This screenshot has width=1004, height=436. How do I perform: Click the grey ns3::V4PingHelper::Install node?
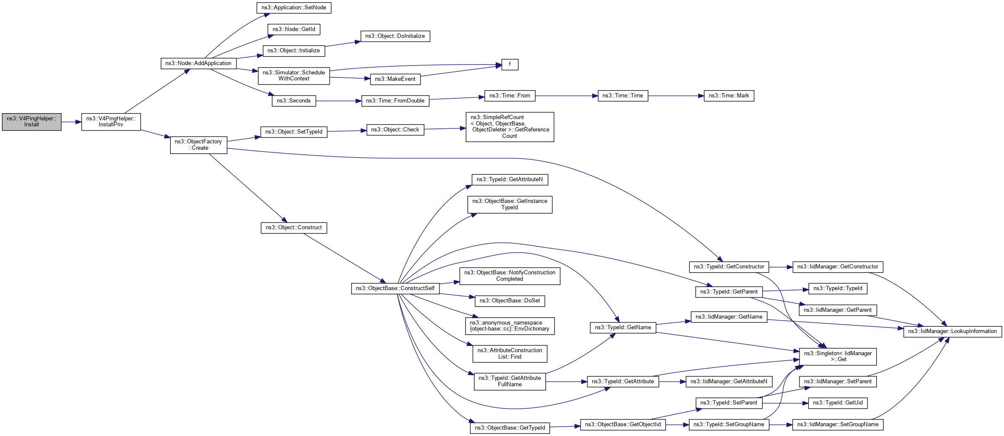click(31, 122)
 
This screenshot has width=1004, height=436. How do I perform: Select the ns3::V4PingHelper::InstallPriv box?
click(111, 122)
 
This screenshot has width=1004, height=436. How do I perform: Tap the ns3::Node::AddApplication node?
click(198, 63)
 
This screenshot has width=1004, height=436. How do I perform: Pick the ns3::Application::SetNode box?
click(293, 8)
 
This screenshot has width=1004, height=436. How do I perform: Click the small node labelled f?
click(509, 65)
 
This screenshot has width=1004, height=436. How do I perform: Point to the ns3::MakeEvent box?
click(395, 79)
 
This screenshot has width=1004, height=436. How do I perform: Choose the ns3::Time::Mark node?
click(728, 96)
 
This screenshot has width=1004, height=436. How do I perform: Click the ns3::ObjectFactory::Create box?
click(198, 145)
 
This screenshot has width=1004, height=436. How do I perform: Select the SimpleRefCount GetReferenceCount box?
click(509, 127)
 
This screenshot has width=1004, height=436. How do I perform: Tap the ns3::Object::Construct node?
click(293, 228)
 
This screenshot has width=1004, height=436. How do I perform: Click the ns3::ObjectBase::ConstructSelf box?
click(395, 288)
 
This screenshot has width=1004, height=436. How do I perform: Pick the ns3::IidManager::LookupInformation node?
click(952, 331)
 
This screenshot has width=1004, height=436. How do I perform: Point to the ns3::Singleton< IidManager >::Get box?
click(837, 356)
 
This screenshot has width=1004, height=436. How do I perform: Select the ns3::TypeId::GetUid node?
click(837, 403)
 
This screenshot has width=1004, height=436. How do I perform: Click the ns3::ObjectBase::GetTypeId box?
click(509, 428)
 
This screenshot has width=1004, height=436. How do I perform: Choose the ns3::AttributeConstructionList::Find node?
click(509, 353)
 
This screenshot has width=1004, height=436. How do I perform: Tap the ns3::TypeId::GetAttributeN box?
click(509, 180)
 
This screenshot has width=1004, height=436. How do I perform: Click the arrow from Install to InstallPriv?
click(71, 122)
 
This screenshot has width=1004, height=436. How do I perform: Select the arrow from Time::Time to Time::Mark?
click(676, 96)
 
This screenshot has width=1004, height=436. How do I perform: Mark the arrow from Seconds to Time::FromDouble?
click(338, 101)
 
